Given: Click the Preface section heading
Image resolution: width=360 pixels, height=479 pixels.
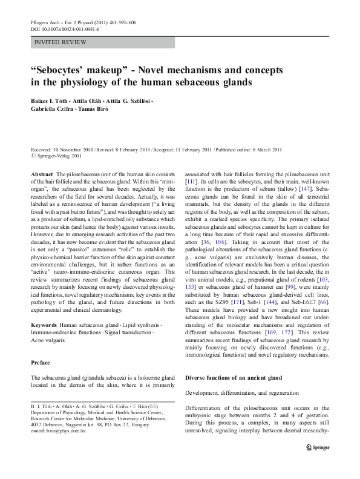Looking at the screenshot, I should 41,362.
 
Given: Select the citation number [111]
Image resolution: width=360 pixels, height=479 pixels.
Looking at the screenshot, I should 191,180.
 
